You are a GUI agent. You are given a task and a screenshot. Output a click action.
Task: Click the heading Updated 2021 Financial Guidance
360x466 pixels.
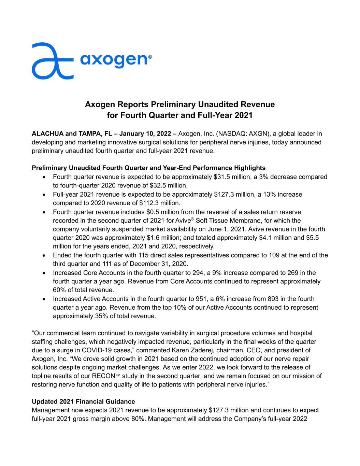coord(83,401)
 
